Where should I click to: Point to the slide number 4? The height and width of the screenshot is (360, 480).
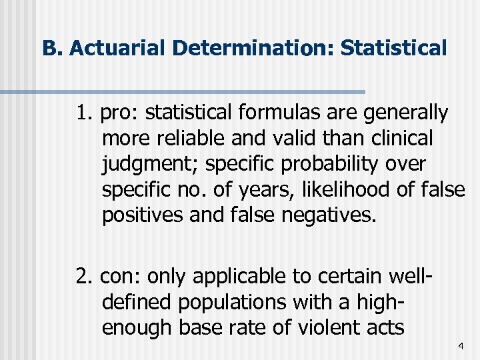tap(460, 346)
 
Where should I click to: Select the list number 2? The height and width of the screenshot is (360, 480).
tap(84, 275)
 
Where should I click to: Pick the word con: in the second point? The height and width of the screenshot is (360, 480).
tap(121, 275)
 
